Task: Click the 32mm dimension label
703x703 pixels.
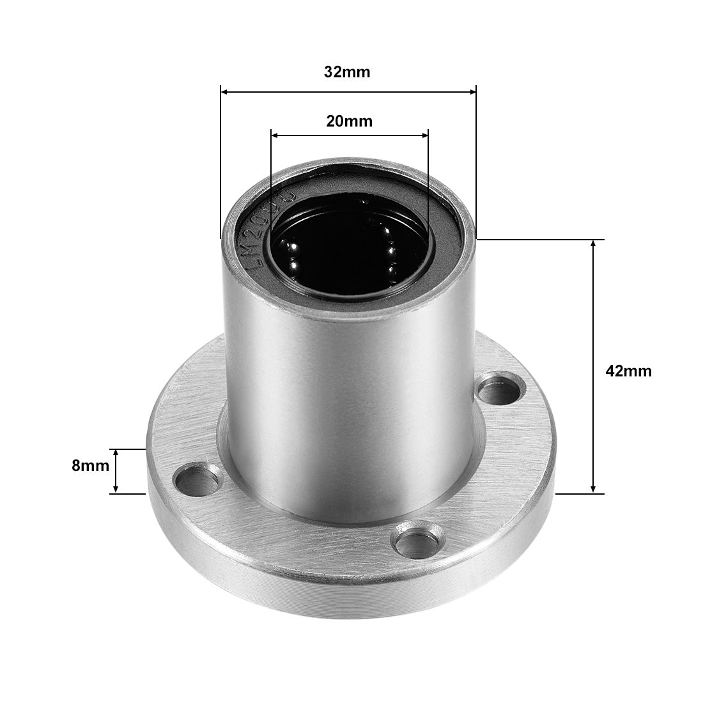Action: click(346, 72)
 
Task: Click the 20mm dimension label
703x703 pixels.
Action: click(349, 121)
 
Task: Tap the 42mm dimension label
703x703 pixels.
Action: click(628, 371)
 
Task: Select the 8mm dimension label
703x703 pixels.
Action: click(90, 466)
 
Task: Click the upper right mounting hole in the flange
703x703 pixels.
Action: click(501, 387)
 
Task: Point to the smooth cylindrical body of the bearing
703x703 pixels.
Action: click(345, 396)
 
